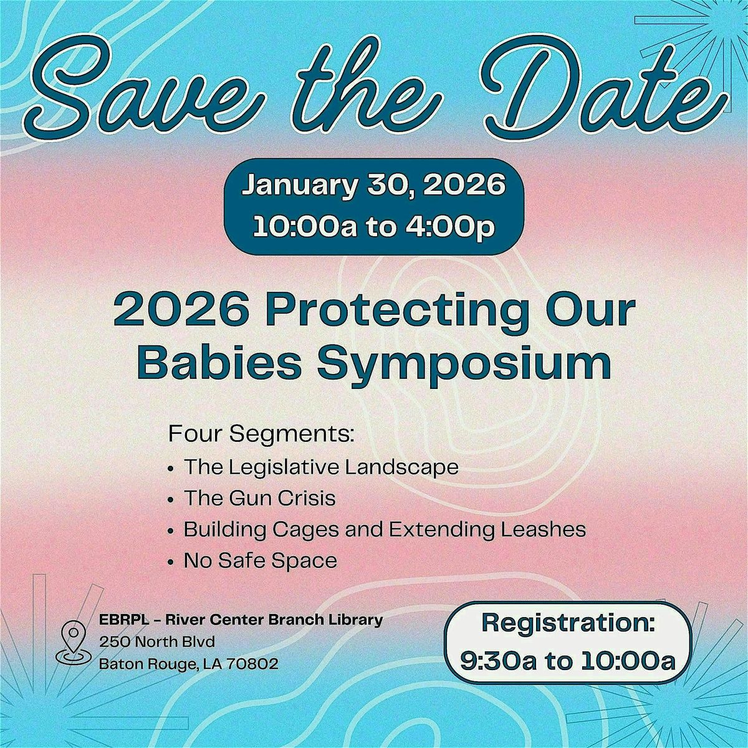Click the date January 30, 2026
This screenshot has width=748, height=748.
tap(373, 186)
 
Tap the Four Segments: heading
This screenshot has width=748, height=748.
tap(261, 434)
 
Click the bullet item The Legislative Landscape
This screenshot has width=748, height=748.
tap(321, 467)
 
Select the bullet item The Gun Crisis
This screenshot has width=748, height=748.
tap(259, 498)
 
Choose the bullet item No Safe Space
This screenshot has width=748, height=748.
tap(260, 560)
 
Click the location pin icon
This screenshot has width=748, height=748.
tap(73, 643)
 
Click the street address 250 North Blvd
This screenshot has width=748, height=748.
tap(158, 642)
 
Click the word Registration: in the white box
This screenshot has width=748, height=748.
tap(568, 624)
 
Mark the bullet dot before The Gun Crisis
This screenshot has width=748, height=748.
tap(171, 500)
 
